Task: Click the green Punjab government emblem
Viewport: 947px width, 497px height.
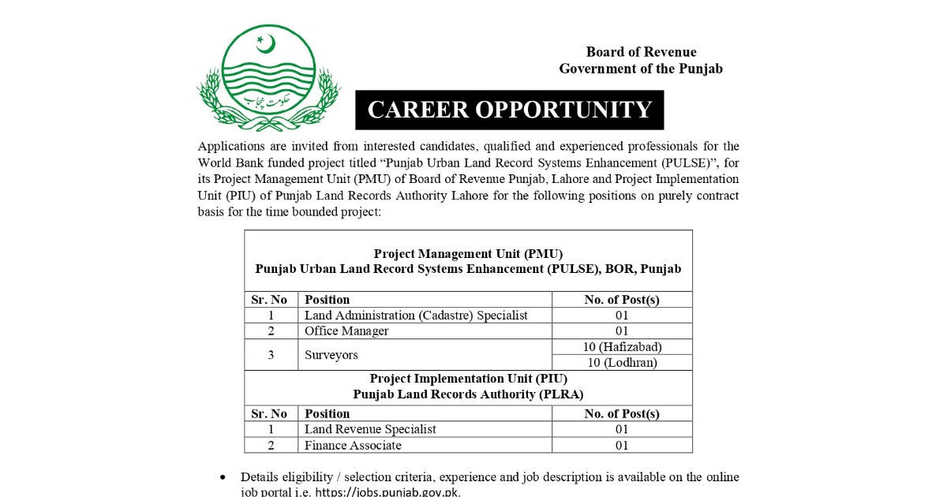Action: click(268, 77)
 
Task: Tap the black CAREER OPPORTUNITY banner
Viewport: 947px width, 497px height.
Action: click(510, 110)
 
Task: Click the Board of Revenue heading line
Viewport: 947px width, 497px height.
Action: click(641, 52)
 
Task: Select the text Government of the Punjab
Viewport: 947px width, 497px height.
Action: click(641, 69)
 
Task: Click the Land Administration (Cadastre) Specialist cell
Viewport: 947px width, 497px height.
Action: click(416, 315)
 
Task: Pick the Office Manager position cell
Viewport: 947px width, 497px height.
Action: click(346, 331)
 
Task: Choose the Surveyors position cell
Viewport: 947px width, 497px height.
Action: click(331, 355)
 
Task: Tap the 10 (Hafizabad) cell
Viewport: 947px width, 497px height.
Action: click(622, 346)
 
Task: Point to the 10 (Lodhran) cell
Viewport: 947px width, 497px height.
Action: click(622, 363)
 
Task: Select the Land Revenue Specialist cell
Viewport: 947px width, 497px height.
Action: click(370, 429)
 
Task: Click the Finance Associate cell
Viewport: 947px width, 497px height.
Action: click(353, 445)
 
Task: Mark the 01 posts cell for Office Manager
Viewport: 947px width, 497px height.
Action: click(622, 331)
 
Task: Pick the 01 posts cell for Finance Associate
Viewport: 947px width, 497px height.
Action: click(622, 445)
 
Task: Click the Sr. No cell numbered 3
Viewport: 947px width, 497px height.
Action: click(271, 355)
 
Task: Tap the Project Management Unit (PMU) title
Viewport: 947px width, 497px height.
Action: click(468, 253)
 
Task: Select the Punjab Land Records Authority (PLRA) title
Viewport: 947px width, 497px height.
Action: click(468, 394)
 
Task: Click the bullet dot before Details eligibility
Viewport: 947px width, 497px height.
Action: click(223, 477)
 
